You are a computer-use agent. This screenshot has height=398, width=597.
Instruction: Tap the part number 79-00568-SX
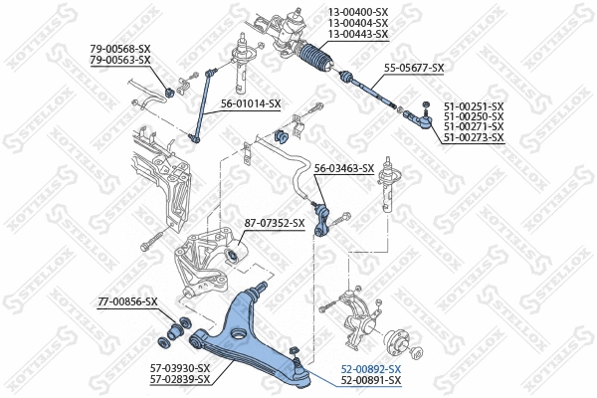click(x=119, y=48)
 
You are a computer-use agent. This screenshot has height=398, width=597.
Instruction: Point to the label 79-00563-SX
click(x=119, y=60)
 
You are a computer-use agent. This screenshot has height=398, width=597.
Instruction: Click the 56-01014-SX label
click(x=251, y=103)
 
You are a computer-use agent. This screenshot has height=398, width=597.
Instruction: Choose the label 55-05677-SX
click(x=414, y=68)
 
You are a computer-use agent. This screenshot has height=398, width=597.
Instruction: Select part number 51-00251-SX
click(x=474, y=105)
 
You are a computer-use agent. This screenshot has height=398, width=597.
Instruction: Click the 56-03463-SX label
click(x=344, y=168)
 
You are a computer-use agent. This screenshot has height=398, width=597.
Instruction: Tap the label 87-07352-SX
click(x=275, y=223)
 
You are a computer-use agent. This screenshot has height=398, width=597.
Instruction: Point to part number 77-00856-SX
click(x=127, y=300)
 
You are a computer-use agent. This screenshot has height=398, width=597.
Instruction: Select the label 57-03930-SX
click(x=180, y=368)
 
